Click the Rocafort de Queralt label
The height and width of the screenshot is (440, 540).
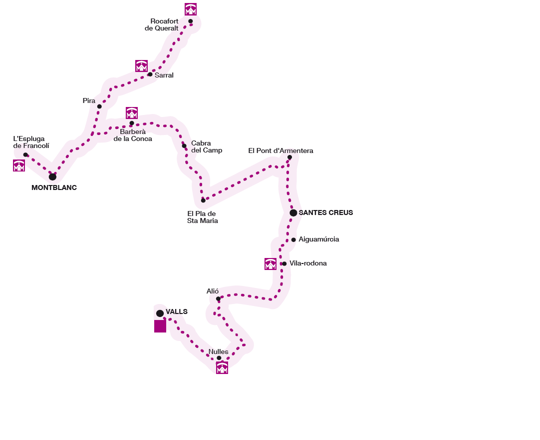coord(164,24)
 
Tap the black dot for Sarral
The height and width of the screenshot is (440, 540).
coord(150,74)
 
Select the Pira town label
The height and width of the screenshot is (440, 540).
coord(89,101)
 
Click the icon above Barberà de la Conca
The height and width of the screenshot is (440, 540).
coord(132,113)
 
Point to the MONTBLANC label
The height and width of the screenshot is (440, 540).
coord(54,188)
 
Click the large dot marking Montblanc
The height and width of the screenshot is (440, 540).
coord(52,176)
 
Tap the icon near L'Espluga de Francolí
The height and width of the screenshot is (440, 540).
coord(19,165)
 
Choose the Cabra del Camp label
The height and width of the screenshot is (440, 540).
coord(207,146)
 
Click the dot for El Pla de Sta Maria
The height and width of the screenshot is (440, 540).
coord(203,200)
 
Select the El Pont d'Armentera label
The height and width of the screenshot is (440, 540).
coord(280,150)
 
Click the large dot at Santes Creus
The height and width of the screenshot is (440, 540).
coord(293,213)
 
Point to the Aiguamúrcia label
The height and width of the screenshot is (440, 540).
coord(319,239)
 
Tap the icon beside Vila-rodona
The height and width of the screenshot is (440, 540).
coord(270,264)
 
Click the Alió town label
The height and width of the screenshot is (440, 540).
coord(213,291)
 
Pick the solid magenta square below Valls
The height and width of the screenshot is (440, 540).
coord(160,326)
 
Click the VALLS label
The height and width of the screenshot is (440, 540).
coord(177,311)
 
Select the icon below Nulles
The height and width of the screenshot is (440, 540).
coord(222,368)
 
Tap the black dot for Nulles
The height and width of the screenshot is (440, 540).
coord(219,358)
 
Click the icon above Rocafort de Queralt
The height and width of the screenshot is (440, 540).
coord(191,9)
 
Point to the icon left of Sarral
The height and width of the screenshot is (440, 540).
coord(141,66)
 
